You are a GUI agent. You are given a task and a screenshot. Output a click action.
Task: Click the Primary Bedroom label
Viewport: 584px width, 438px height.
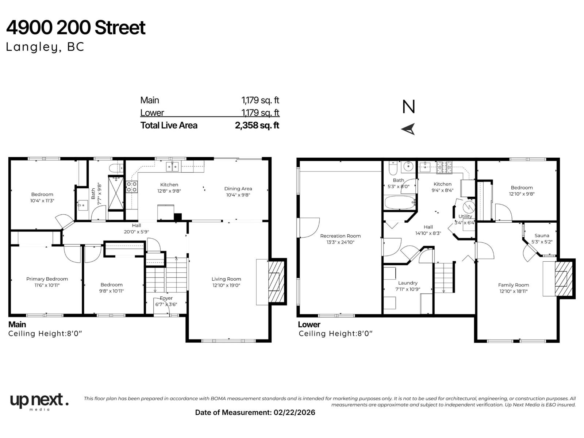click(x=47, y=279)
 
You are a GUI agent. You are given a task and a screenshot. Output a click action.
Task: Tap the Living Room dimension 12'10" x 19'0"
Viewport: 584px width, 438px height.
click(x=226, y=285)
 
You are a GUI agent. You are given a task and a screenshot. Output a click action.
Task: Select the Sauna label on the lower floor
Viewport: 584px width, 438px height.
click(x=542, y=235)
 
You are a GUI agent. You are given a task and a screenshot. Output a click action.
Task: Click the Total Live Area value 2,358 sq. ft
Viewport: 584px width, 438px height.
click(x=257, y=126)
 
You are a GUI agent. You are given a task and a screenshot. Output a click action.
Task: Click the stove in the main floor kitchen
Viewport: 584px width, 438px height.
click(x=131, y=187)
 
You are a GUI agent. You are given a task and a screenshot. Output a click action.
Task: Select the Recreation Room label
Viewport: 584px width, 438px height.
click(x=340, y=236)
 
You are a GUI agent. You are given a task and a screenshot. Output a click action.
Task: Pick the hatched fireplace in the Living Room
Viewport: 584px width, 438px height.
click(x=276, y=281)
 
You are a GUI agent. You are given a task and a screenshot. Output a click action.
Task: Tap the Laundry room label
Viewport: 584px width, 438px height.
click(x=408, y=283)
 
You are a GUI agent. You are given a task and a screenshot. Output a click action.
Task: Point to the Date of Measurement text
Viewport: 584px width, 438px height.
click(x=255, y=412)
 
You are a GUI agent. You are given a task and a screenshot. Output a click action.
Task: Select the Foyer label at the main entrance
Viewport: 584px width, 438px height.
click(x=166, y=298)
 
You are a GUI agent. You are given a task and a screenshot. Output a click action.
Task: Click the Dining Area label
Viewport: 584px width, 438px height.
click(x=238, y=189)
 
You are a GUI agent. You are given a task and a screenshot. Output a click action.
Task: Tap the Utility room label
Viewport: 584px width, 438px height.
click(x=465, y=216)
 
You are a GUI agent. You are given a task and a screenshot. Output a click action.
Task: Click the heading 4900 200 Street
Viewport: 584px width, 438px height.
click(x=76, y=28)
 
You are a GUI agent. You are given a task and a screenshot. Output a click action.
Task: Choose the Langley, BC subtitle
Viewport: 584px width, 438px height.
click(x=45, y=47)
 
